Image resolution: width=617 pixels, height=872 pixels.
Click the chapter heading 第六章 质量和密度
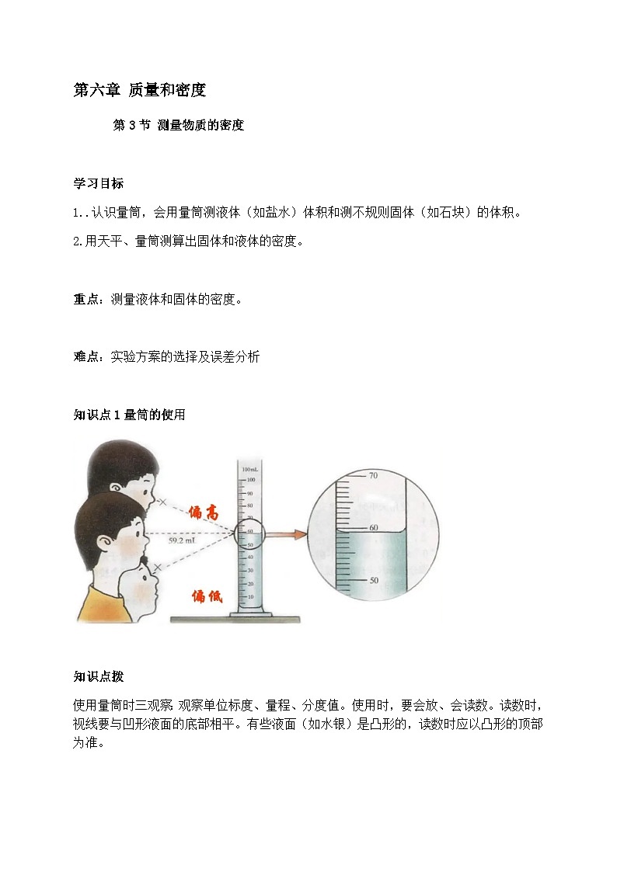click(x=139, y=90)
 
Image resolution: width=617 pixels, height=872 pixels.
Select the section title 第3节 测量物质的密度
click(x=179, y=126)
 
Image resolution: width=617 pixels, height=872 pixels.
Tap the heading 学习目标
click(x=98, y=184)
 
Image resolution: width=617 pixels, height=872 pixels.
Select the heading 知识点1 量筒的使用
click(x=129, y=415)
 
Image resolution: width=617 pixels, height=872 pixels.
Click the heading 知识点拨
click(x=98, y=676)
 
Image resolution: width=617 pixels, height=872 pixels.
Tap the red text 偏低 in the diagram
click(x=207, y=596)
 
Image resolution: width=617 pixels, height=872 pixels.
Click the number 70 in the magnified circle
click(x=372, y=475)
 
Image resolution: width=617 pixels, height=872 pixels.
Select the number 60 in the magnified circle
click(x=372, y=527)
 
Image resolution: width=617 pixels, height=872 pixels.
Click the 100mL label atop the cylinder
click(x=249, y=470)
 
